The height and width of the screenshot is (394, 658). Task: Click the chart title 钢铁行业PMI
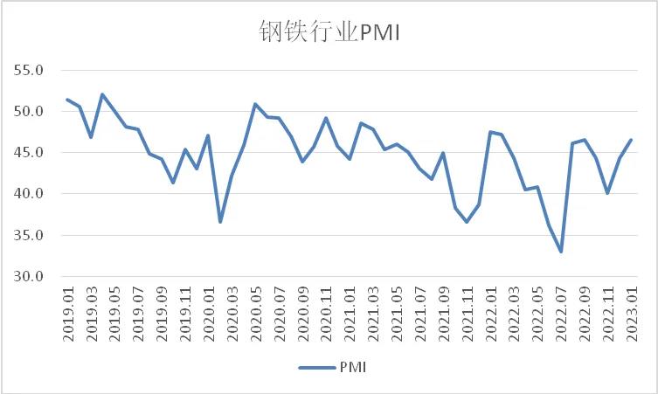pos(329,31)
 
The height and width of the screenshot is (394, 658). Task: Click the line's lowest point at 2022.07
pos(561,252)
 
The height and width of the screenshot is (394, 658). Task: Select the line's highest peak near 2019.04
pos(102,94)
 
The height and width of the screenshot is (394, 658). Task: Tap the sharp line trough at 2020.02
pos(220,222)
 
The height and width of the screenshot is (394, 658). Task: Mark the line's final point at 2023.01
pos(631,140)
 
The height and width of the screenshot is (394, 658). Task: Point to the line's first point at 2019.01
pos(67,100)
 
